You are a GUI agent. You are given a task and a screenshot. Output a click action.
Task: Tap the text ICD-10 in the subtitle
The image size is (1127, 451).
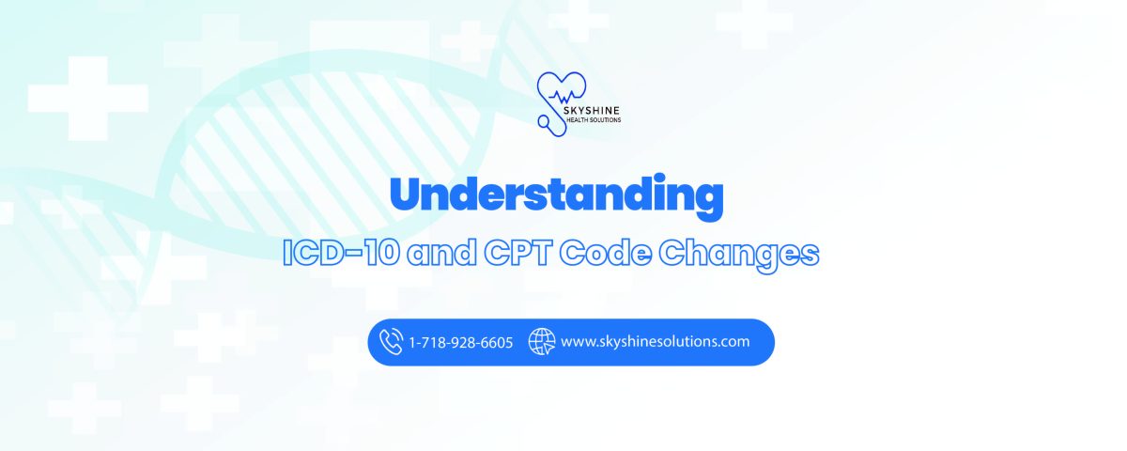(x=342, y=252)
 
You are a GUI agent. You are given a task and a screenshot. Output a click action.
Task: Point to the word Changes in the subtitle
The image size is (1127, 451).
(x=738, y=256)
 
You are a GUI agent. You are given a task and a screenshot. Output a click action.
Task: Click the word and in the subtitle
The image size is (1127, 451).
(x=441, y=252)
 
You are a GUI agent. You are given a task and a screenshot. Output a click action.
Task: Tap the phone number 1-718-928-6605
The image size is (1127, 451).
(x=460, y=343)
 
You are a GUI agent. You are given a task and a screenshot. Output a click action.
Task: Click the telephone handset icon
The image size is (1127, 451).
(x=391, y=342)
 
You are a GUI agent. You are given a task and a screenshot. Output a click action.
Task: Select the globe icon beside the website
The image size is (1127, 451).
(x=541, y=342)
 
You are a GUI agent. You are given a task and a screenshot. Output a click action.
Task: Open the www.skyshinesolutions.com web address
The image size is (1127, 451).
(x=656, y=342)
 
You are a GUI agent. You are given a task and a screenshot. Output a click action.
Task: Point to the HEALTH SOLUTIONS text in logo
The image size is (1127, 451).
(x=594, y=120)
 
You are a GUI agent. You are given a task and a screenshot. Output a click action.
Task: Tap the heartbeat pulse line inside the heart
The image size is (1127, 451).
(x=563, y=96)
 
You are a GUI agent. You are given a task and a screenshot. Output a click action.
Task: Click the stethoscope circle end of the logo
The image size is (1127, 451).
(x=544, y=121)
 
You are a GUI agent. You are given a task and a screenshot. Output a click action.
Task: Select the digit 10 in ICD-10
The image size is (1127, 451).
(x=382, y=252)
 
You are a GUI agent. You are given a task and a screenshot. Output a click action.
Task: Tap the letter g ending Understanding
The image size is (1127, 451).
(x=706, y=201)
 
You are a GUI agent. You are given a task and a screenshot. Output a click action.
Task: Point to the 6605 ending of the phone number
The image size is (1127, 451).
(x=497, y=343)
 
